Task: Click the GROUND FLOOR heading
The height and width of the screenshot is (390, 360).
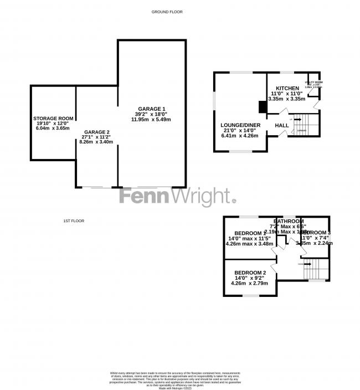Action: coord(167,12)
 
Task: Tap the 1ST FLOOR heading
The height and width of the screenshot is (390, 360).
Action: coord(73,221)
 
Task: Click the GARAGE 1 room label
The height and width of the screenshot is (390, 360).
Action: coord(151,108)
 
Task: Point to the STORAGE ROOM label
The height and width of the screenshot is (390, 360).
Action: coord(53,119)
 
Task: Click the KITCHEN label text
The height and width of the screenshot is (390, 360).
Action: coord(287,88)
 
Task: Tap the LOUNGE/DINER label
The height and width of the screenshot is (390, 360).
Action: coord(240,125)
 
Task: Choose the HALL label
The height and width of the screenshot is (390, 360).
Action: coord(282,126)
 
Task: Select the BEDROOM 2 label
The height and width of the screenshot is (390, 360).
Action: coord(250,273)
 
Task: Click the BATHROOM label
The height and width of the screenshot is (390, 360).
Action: coord(287,221)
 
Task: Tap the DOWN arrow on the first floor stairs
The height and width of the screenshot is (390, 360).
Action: coord(308,264)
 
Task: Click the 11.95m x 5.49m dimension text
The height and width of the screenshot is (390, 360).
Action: coord(151,120)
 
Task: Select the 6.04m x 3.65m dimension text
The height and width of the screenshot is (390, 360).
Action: coord(53,128)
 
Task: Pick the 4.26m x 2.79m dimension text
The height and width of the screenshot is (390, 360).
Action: coord(249,283)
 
